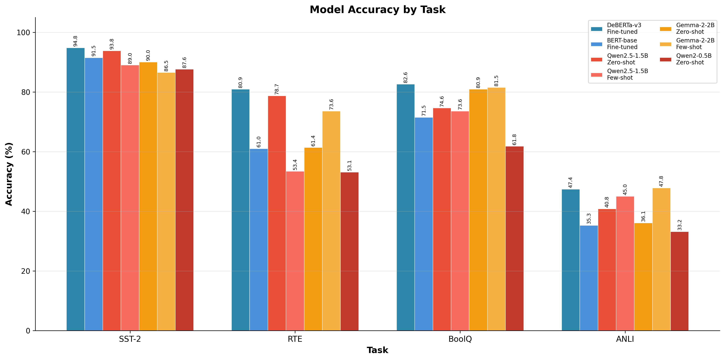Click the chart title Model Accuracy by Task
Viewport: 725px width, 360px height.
click(x=377, y=10)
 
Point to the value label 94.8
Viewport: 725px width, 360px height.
click(x=75, y=41)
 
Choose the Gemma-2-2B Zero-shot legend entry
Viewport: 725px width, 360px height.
click(x=695, y=28)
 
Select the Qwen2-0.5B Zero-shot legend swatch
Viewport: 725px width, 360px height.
click(x=665, y=59)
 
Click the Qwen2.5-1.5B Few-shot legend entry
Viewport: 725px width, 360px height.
click(x=627, y=74)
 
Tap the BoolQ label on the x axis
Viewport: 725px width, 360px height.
click(x=460, y=339)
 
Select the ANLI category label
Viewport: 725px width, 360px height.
click(x=625, y=339)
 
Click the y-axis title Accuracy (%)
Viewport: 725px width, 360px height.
click(x=9, y=174)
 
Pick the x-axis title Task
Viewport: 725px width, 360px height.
click(x=377, y=350)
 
